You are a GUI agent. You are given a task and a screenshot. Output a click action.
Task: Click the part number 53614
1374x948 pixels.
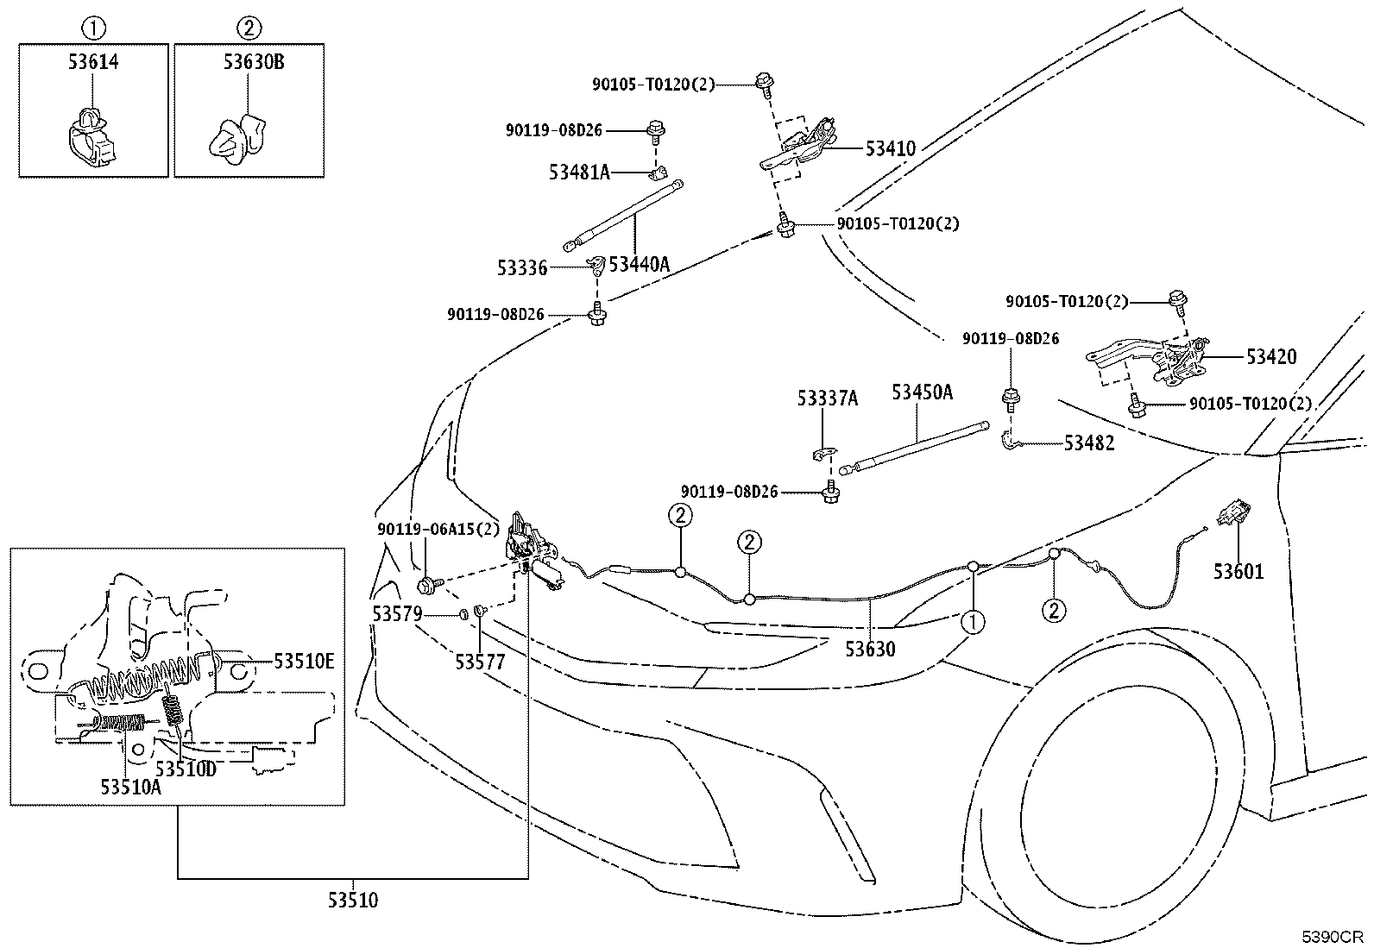(93, 62)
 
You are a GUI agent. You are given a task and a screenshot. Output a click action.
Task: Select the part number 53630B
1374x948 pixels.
(254, 62)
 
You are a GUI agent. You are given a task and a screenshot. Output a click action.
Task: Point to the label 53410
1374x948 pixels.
(890, 148)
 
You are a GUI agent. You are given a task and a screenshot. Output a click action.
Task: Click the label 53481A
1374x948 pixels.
(580, 173)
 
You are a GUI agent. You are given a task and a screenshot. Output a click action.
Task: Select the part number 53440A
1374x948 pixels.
(640, 264)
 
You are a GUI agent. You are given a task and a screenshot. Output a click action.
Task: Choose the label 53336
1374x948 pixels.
(522, 268)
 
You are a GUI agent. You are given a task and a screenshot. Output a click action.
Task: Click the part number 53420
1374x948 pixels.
(1271, 357)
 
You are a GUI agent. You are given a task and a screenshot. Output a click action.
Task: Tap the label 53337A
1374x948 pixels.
(828, 399)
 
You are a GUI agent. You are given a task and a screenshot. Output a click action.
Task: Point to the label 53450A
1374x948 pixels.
(922, 392)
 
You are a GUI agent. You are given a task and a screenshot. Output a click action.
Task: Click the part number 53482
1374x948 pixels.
(1089, 443)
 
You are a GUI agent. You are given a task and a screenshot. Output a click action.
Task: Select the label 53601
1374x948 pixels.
(1238, 572)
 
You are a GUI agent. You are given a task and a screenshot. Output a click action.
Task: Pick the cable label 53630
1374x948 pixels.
(870, 649)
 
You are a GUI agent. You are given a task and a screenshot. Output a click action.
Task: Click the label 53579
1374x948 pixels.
(398, 614)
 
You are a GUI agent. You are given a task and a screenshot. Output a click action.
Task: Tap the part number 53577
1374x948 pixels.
(480, 662)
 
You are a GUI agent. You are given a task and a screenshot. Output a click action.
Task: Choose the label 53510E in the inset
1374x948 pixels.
(304, 662)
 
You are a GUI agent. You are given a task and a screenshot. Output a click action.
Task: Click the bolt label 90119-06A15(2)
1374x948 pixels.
(438, 529)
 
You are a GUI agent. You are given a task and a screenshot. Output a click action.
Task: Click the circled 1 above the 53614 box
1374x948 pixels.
(93, 28)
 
